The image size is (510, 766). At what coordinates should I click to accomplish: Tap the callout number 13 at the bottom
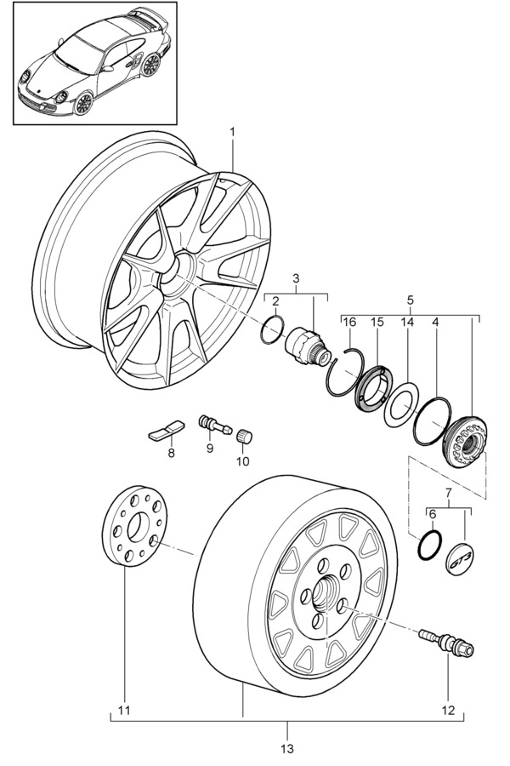pos(286,748)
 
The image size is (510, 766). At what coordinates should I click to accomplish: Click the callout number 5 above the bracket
pos(410,300)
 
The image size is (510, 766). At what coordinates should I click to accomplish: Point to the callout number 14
pos(406,321)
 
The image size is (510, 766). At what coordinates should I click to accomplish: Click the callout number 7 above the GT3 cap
pos(448,493)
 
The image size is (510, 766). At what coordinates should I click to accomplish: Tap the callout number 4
pos(435,321)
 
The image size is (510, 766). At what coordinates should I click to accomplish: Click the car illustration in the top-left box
pos(93,64)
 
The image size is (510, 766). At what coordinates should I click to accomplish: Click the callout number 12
pos(449,710)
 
